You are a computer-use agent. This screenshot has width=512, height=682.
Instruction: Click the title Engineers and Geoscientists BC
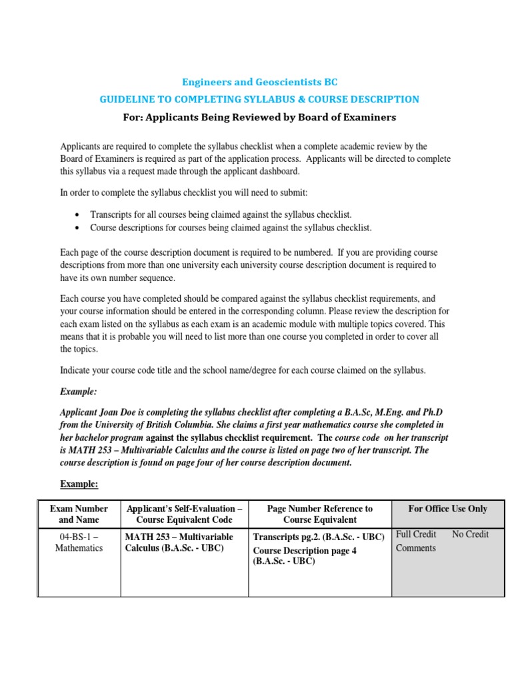pos(259,82)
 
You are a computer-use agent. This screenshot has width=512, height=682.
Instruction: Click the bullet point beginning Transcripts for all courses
pos(221,214)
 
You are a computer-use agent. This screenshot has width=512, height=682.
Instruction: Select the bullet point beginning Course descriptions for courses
pos(231,228)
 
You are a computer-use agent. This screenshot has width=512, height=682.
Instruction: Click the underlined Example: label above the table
pos(79,484)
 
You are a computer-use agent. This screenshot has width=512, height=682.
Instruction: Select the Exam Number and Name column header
pos(79,513)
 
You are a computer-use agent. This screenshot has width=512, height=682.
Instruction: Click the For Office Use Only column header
pos(447,509)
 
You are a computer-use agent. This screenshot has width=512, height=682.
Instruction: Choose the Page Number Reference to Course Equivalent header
pos(319,513)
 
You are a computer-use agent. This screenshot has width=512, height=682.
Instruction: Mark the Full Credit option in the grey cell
pos(416,534)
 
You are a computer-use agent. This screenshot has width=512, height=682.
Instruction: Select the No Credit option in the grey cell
pos(470,534)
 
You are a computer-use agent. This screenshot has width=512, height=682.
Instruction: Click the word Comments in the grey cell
pos(416,548)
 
